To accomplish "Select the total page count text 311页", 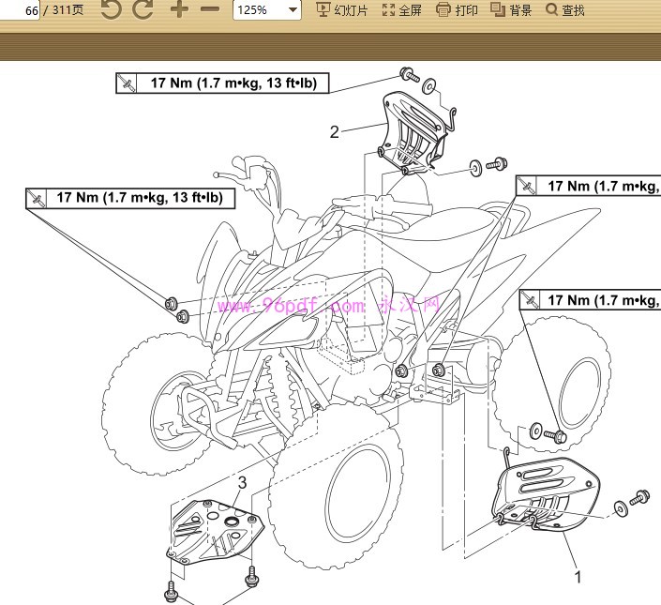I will click(66, 10).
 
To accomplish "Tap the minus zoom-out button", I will click(210, 10).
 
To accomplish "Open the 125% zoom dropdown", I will click(267, 10).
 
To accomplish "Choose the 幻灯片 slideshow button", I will click(342, 10).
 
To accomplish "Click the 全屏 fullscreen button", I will click(402, 10).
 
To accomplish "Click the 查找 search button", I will click(565, 10).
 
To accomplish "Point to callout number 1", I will click(578, 577).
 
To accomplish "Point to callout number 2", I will click(334, 132).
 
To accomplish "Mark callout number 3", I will click(242, 483).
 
